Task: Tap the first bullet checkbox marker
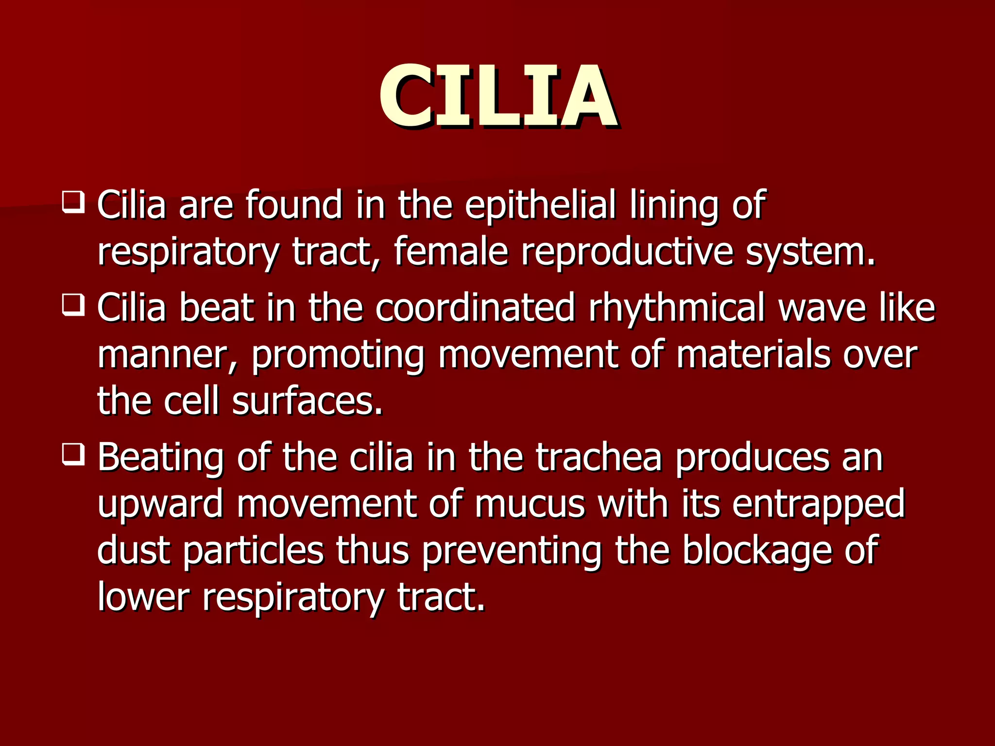click(x=73, y=202)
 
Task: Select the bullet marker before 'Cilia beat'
click(x=73, y=305)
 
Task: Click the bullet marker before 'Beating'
click(x=73, y=455)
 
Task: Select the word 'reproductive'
click(x=627, y=253)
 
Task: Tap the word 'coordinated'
click(x=475, y=308)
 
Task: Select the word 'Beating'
click(x=161, y=458)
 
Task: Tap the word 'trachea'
click(x=599, y=458)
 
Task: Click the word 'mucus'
click(x=530, y=504)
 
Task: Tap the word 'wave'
click(x=823, y=308)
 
